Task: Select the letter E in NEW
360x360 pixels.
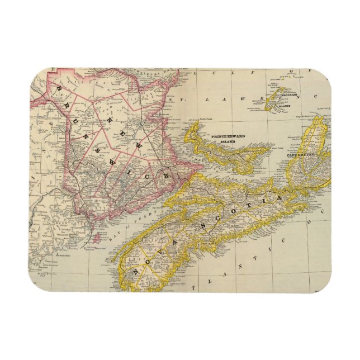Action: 132,132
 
